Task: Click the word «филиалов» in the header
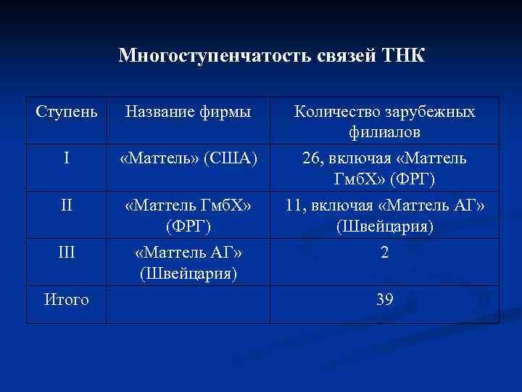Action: [x=385, y=134]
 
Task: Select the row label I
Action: [x=66, y=158]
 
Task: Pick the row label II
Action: [x=66, y=205]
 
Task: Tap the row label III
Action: [x=66, y=253]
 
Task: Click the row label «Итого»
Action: [x=66, y=298]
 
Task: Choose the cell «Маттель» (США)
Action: [x=188, y=158]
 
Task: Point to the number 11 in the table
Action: [x=295, y=205]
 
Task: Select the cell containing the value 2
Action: [x=385, y=254]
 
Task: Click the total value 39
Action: [x=385, y=298]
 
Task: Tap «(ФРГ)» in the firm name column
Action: [x=188, y=226]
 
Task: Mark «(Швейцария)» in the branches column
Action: [x=385, y=226]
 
